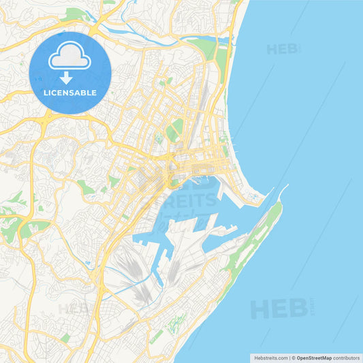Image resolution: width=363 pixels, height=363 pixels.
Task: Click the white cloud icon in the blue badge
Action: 70,58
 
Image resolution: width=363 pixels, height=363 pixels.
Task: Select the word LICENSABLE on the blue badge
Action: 70,92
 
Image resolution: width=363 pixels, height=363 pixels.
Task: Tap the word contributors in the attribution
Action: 347,358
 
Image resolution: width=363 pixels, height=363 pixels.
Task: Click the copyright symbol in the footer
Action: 294,358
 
